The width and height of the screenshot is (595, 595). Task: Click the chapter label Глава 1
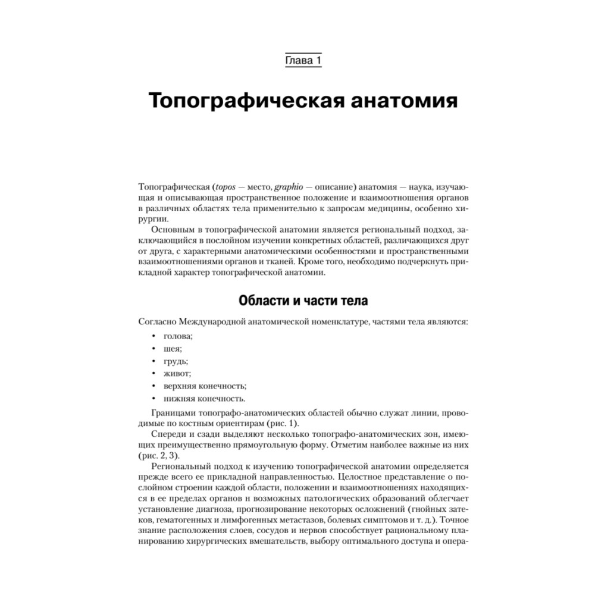303,61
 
